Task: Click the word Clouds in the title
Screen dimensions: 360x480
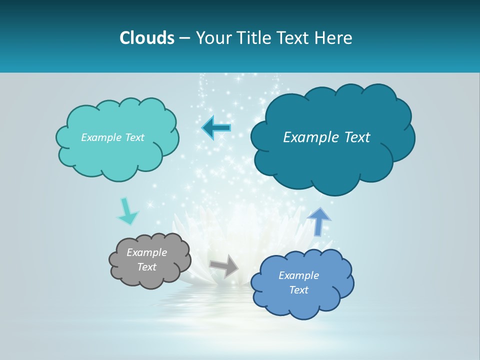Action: (147, 38)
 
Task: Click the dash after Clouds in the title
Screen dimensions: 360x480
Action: (184, 38)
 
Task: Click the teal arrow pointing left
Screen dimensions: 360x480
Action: (216, 128)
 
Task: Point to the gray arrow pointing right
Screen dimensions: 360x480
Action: (224, 265)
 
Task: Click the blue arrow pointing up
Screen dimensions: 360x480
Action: (318, 221)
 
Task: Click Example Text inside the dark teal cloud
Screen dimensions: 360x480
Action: (326, 137)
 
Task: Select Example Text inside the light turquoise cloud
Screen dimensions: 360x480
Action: (112, 137)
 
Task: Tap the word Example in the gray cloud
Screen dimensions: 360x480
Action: (146, 252)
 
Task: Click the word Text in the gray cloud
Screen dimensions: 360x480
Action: (146, 267)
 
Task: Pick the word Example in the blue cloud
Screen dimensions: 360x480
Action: (298, 275)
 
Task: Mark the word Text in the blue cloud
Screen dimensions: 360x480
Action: (298, 290)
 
